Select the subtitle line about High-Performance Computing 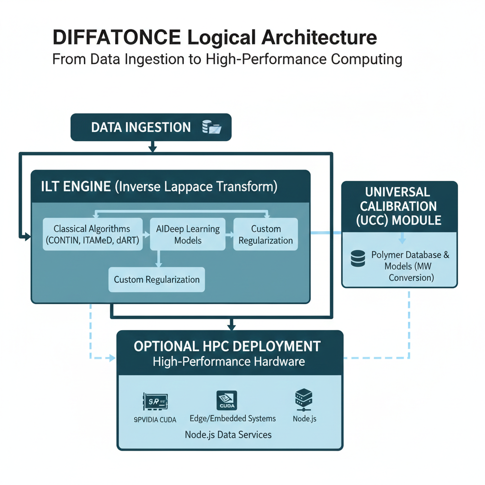tap(227, 60)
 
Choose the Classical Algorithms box tap(92, 234)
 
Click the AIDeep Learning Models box tap(188, 234)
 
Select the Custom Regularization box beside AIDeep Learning tap(265, 234)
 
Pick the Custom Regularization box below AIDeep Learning tap(157, 279)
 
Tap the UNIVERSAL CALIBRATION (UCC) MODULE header tap(400, 207)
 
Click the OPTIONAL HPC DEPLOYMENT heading tap(227, 346)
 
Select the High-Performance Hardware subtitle tap(229, 362)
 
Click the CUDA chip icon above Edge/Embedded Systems tap(226, 401)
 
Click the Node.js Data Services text tap(228, 434)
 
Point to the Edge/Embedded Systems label tap(233, 419)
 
